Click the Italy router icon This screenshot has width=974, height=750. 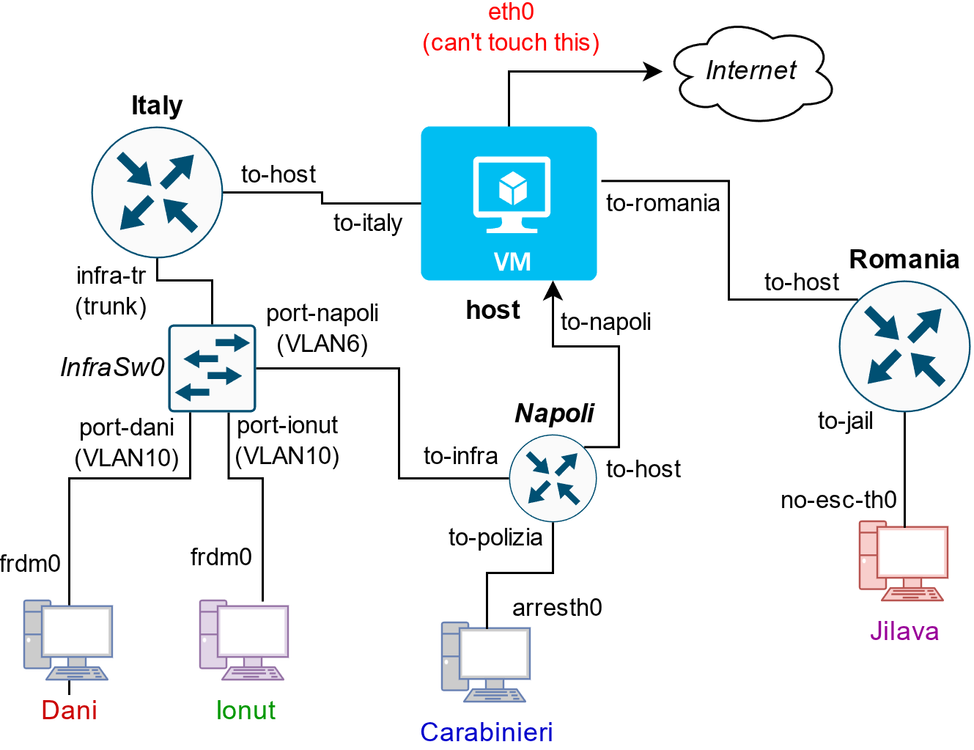(157, 192)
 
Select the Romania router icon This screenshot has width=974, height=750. (904, 346)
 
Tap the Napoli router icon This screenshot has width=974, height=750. (553, 478)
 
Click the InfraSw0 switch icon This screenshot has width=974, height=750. (212, 368)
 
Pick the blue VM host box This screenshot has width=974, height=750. (509, 203)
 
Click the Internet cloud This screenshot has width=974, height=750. (752, 72)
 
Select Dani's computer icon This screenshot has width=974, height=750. (67, 640)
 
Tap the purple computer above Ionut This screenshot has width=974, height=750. (243, 640)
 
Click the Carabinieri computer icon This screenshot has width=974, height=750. (485, 662)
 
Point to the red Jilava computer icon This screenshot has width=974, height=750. (903, 561)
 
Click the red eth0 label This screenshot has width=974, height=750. (511, 12)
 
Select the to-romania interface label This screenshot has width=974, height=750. (663, 203)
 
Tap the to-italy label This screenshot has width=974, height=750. (368, 223)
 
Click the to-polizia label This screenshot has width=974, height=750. (495, 537)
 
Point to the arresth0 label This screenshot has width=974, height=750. (557, 608)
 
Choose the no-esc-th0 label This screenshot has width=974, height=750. (838, 500)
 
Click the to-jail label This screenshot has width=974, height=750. (845, 421)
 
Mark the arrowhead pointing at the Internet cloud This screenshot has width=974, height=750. (652, 71)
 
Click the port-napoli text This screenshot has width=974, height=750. (322, 313)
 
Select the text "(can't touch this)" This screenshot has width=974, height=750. (511, 43)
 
